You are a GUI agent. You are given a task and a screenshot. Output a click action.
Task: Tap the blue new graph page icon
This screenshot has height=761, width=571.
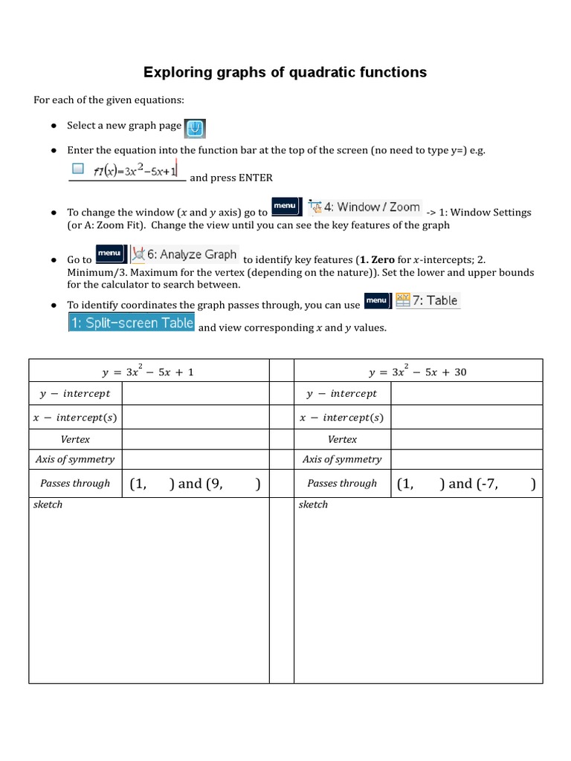tap(195, 128)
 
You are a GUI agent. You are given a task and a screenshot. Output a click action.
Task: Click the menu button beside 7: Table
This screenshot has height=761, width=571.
tap(377, 300)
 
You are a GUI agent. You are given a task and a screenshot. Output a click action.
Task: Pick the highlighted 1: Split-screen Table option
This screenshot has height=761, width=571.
tap(132, 323)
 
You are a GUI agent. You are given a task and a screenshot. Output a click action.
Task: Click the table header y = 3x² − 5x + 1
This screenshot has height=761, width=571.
tap(148, 371)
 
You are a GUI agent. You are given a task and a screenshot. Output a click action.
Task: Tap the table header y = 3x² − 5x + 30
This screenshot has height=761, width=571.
tap(418, 371)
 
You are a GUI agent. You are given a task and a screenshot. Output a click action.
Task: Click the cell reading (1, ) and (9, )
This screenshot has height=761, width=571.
tap(195, 484)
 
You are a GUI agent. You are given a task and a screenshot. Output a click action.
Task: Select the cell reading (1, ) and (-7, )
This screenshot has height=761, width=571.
tap(466, 484)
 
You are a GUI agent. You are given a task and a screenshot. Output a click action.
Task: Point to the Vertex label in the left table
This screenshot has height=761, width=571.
tap(75, 439)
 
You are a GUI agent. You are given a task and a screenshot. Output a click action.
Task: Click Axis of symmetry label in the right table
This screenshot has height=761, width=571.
tap(342, 459)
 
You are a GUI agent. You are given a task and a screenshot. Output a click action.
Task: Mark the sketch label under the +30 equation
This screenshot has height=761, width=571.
tap(313, 505)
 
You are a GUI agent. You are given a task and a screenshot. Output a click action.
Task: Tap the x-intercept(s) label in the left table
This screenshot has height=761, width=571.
tap(75, 418)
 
